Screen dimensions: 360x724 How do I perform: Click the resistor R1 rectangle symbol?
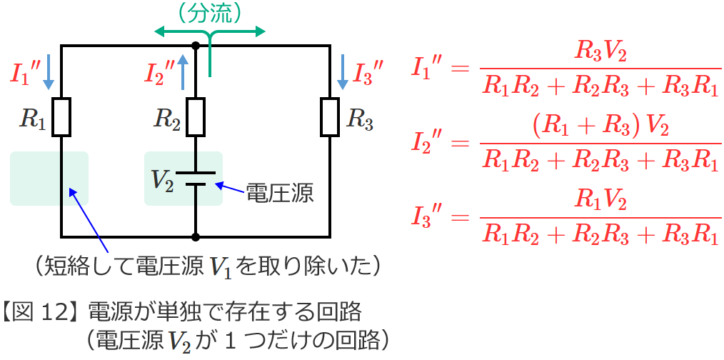point(62,117)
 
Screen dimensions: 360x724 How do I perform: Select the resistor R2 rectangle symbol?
point(196,117)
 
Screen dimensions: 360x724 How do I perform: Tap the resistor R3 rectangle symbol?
point(329,117)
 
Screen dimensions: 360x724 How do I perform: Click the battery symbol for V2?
point(196,178)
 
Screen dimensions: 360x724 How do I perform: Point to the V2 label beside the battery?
point(163,179)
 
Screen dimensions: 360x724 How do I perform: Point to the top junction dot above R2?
point(196,46)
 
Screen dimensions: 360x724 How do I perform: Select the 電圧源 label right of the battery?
point(279,193)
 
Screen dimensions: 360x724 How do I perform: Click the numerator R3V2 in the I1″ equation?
point(600,51)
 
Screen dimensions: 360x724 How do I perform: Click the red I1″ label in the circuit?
point(25,74)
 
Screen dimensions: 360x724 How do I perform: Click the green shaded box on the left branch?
point(49,178)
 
